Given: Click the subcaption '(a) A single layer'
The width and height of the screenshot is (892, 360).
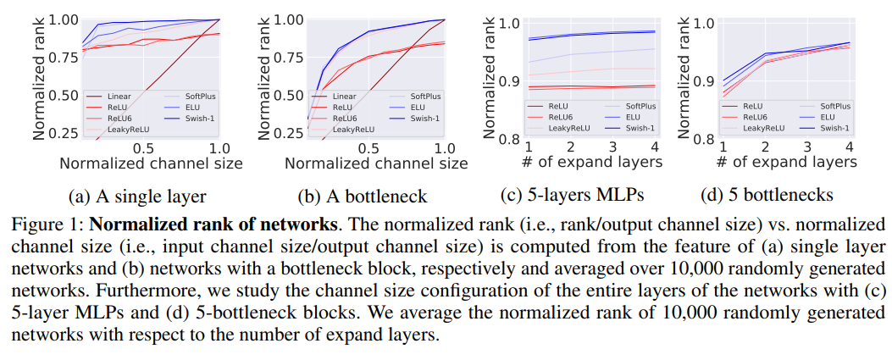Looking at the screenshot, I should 136,197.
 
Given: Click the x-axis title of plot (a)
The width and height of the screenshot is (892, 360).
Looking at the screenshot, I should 151,163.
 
